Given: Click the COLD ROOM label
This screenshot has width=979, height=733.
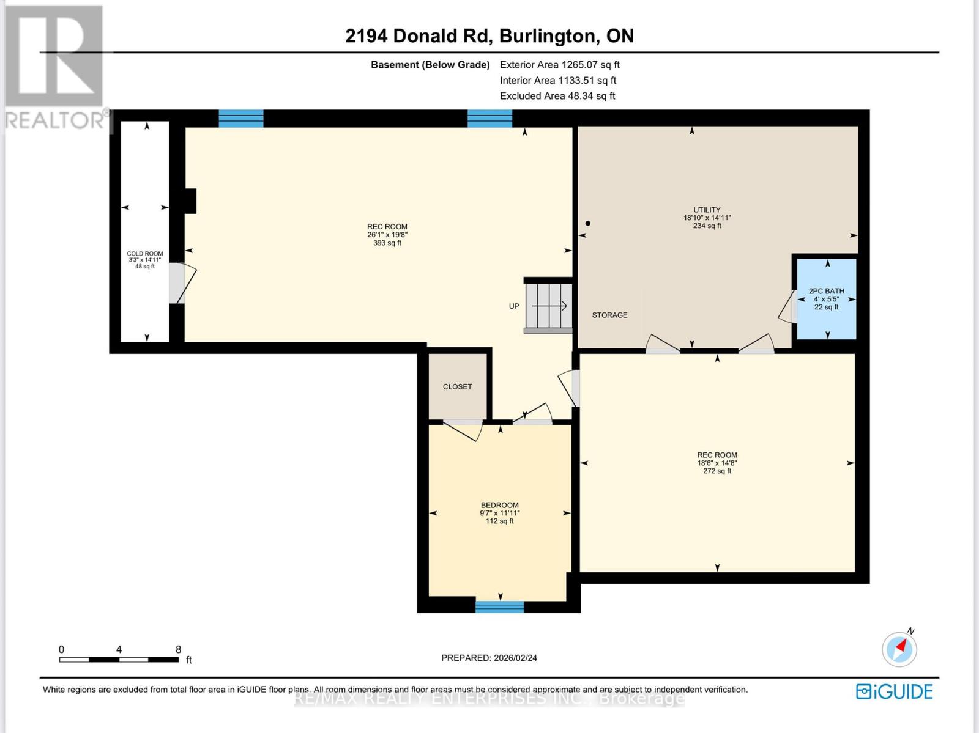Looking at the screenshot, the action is click(145, 254).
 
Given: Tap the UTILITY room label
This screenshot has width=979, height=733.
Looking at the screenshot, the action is click(707, 210).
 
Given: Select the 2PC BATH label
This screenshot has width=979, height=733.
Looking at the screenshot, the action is click(827, 291).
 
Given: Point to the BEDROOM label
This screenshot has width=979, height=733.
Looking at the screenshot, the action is click(499, 505).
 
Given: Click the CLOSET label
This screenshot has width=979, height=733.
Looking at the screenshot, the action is click(457, 387).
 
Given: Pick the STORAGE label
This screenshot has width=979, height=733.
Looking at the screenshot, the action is click(609, 315).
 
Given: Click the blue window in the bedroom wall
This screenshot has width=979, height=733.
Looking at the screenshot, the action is click(499, 606).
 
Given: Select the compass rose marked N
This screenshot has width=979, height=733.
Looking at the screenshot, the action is click(899, 649).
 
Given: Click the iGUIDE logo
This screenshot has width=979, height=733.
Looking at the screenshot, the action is click(895, 691).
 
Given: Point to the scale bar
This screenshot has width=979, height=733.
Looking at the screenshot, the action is click(119, 660).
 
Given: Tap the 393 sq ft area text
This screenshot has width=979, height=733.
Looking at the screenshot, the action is click(387, 243).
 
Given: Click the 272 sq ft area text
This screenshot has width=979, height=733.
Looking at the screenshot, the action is click(717, 471).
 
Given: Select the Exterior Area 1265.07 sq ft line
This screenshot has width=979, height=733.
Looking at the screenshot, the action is click(560, 65).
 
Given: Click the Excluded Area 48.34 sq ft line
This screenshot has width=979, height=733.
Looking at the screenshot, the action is click(557, 96).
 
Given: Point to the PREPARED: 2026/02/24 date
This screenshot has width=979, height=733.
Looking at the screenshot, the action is click(489, 658).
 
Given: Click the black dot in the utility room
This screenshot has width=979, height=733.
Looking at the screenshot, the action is click(588, 223).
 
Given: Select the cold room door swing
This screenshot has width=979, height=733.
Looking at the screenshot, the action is click(183, 284).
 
